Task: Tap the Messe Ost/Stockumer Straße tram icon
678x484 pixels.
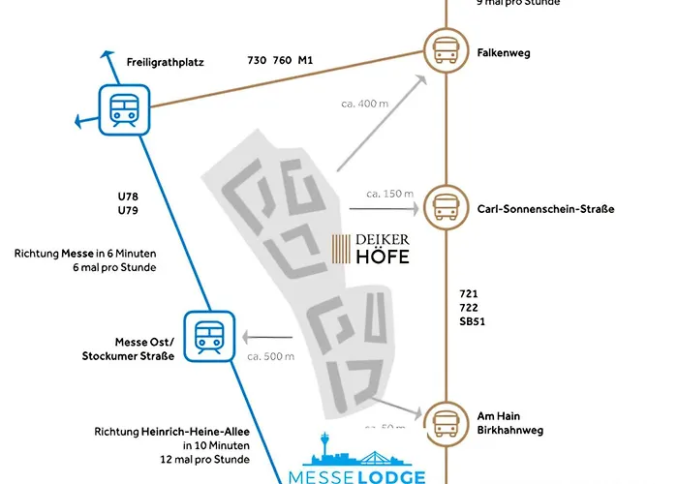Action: click(209, 335)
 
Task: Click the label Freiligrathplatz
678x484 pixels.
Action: click(165, 62)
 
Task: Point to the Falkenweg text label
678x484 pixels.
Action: click(504, 52)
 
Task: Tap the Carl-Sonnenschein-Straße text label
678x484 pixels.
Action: click(545, 209)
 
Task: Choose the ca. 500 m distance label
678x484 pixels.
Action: click(270, 357)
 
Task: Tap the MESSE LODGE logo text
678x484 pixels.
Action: click(357, 475)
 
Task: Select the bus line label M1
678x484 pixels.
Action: click(305, 60)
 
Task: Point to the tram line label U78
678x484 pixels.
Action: click(128, 197)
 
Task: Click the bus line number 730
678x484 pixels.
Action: click(257, 60)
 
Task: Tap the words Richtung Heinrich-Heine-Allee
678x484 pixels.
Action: click(171, 432)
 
